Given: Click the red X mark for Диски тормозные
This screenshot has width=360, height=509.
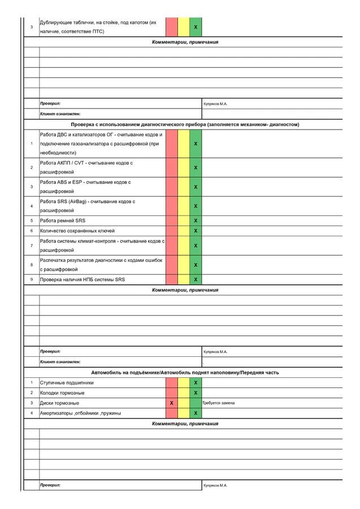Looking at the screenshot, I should (x=171, y=403).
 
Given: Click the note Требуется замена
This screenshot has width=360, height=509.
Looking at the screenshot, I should (x=218, y=403).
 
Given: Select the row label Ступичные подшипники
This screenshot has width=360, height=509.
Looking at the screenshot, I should (x=67, y=383).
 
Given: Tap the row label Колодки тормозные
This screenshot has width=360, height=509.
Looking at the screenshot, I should (x=62, y=393).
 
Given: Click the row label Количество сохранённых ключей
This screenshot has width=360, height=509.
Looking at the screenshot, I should (x=77, y=231).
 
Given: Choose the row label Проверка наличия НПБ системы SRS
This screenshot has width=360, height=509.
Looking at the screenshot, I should (x=82, y=279).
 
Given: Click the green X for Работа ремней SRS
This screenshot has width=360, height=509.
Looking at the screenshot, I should (x=196, y=221).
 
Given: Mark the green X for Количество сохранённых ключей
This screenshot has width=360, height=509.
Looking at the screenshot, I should (x=196, y=231).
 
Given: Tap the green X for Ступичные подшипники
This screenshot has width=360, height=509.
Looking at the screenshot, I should (x=196, y=383).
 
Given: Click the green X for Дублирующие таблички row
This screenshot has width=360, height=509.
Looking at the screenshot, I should (x=196, y=27).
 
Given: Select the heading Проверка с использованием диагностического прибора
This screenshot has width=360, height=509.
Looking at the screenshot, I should (x=185, y=124).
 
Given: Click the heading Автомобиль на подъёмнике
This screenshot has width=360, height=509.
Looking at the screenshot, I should (x=185, y=373).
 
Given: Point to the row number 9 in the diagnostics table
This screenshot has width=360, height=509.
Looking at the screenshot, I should (x=32, y=279).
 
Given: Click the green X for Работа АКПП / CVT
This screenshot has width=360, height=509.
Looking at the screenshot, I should (x=196, y=168).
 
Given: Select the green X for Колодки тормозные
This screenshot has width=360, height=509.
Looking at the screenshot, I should (x=196, y=393).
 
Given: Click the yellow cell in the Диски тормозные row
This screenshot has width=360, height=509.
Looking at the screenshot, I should (x=184, y=403).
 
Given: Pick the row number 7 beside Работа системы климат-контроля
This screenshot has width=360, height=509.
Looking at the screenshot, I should (x=32, y=245).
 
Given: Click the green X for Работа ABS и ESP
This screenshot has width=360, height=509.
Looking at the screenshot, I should (x=196, y=187).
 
